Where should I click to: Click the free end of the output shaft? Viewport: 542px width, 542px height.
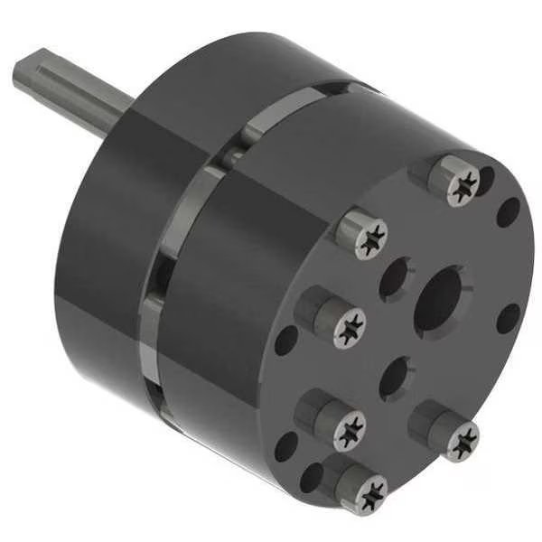(x=22, y=74)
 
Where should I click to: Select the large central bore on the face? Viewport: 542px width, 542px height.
(x=441, y=302)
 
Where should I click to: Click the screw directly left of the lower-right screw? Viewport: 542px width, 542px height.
(x=349, y=430)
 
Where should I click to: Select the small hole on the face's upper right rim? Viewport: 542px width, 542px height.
(x=509, y=212)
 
